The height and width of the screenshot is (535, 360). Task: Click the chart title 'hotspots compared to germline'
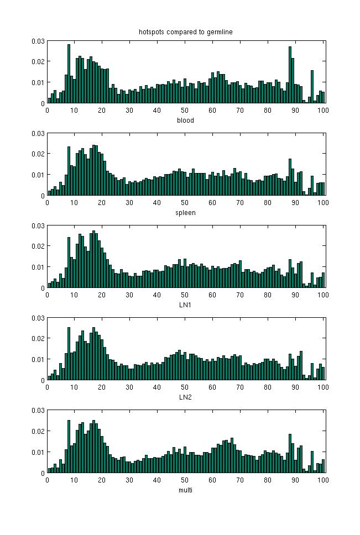(x=185, y=32)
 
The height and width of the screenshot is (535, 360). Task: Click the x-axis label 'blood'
(x=185, y=120)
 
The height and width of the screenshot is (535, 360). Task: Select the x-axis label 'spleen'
(x=185, y=212)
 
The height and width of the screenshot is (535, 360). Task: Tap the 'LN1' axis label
(x=185, y=305)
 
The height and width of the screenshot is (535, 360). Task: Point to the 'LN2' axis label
(x=185, y=397)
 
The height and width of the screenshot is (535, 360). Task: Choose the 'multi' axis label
(x=185, y=489)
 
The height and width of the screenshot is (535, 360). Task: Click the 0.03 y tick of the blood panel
(x=38, y=41)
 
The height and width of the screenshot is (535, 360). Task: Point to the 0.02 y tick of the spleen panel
(x=38, y=154)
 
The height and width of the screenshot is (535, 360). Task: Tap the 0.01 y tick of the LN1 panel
(x=38, y=267)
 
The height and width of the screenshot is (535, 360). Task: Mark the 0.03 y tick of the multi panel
(x=38, y=410)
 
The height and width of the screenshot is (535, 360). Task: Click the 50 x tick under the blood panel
(x=185, y=110)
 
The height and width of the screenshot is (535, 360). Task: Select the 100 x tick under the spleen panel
(x=323, y=202)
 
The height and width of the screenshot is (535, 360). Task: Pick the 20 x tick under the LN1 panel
(x=102, y=295)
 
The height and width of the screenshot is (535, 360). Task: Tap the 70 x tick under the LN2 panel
(x=240, y=387)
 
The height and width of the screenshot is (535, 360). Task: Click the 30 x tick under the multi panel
(x=130, y=479)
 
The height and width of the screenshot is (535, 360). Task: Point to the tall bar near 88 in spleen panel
(x=290, y=177)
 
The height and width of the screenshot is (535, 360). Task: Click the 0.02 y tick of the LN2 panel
(x=38, y=338)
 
